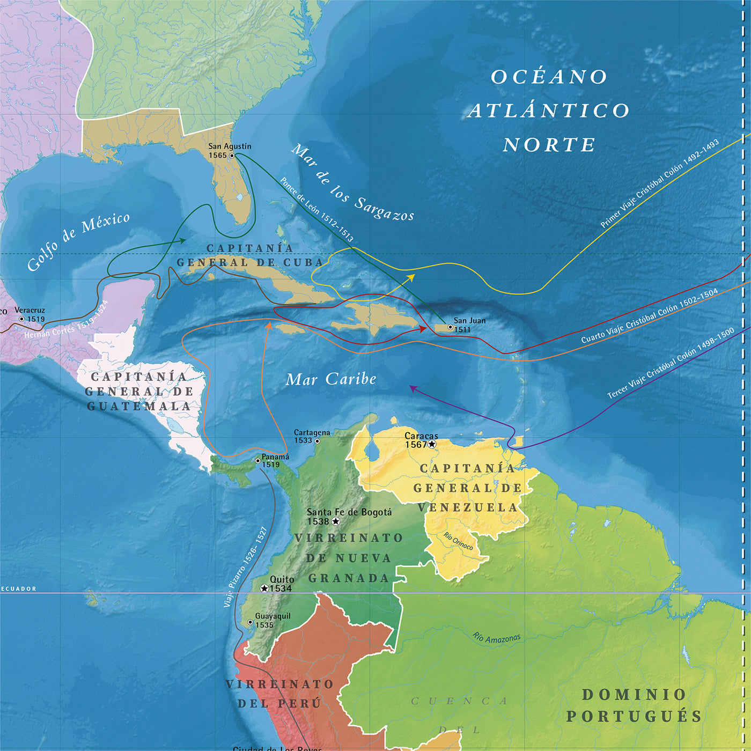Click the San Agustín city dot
point(232,156)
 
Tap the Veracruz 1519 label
point(30,314)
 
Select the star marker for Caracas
point(432,444)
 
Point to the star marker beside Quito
point(264,588)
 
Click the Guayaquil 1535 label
point(273,620)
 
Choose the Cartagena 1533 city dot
point(317,441)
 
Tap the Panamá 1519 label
point(275,460)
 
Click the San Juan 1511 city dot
point(450,327)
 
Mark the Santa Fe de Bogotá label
point(349,512)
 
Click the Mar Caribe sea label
point(331,379)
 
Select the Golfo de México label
point(78,241)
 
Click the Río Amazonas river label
point(497,638)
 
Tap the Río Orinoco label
point(459,541)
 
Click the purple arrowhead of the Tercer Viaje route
point(412,387)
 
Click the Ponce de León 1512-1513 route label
point(316,210)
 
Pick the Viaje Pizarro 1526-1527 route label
point(246,568)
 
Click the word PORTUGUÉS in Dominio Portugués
point(634,716)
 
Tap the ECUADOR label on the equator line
point(19,588)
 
